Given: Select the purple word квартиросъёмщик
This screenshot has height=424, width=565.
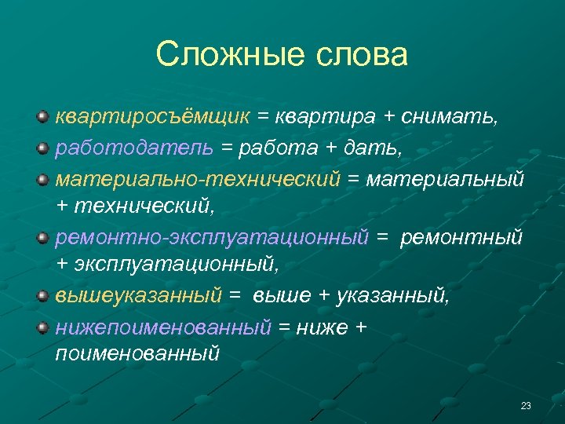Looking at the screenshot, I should (x=152, y=118).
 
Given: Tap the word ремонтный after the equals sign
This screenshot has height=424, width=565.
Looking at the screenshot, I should (x=461, y=236).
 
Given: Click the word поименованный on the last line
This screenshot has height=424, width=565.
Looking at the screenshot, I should (x=137, y=354).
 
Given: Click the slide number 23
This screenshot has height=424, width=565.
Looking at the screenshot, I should (x=526, y=406).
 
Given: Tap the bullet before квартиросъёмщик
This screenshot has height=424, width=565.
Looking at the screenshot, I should (x=43, y=117).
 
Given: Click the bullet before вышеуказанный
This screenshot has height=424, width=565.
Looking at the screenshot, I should (x=43, y=295).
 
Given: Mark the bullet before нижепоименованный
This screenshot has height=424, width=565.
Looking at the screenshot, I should (x=43, y=325).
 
